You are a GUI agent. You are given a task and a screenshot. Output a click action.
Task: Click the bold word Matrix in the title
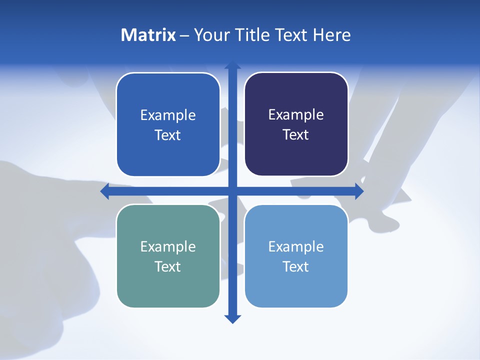click(x=148, y=35)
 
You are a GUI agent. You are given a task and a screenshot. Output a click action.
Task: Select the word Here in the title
click(x=332, y=35)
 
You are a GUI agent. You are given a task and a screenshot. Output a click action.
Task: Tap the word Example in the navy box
click(x=296, y=115)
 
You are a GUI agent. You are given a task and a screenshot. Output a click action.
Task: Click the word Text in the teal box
click(x=168, y=266)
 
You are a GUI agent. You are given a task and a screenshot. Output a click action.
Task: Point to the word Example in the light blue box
click(x=296, y=246)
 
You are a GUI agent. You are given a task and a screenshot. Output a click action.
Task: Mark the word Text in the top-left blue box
click(x=168, y=135)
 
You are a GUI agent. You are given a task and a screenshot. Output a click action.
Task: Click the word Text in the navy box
click(x=296, y=135)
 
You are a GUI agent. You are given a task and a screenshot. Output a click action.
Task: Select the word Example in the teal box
click(x=168, y=246)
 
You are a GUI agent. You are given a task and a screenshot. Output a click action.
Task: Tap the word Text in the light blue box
click(x=296, y=266)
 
